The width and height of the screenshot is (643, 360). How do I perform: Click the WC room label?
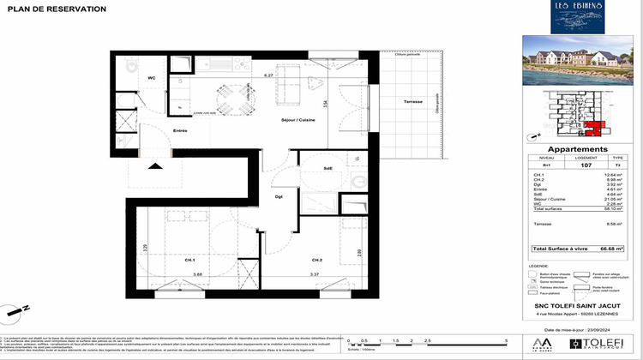[152, 79]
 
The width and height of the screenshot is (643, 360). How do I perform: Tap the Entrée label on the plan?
[180, 130]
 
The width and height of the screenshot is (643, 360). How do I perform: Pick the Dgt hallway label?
[279, 198]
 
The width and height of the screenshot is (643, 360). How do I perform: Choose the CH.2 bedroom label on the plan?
[316, 260]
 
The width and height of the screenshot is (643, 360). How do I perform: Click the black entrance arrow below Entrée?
[156, 166]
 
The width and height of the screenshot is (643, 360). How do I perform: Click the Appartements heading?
[565, 148]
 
